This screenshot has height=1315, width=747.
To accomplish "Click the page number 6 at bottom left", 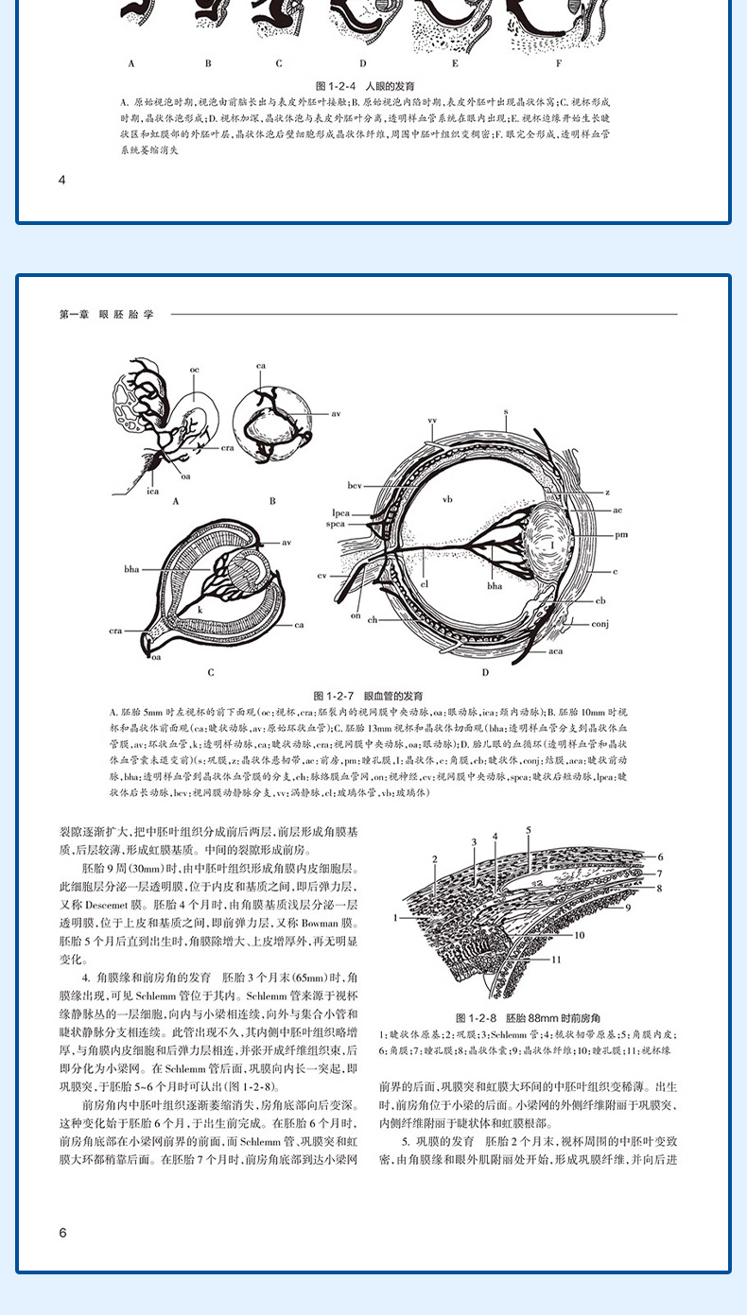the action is coord(62,1232).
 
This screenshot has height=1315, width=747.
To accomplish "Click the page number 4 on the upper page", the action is coord(62,180).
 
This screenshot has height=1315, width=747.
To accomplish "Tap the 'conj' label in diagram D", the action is coord(602,624).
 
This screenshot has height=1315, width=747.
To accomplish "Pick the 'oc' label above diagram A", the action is coord(193,368).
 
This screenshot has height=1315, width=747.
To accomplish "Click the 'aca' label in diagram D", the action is coord(556,651).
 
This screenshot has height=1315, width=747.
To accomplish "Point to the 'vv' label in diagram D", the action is coord(432,420).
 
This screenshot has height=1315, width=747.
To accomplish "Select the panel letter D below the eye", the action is coord(484,672).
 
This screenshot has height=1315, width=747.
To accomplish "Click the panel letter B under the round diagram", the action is coord(272,501).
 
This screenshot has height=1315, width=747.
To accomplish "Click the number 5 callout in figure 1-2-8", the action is coord(529,830).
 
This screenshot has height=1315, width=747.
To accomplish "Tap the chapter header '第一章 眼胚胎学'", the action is coord(106,314).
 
